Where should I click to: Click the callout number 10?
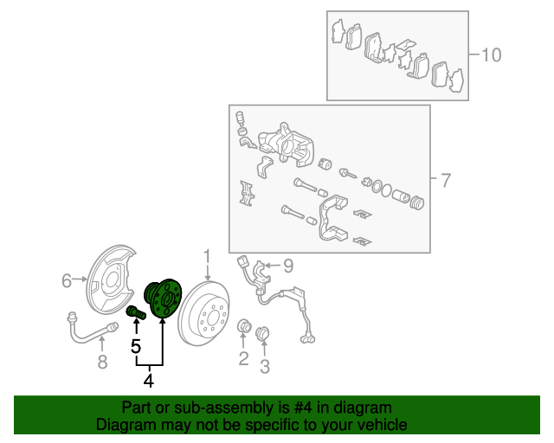[x=492, y=55]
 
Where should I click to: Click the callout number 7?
[x=446, y=180]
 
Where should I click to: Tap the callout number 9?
[x=288, y=266]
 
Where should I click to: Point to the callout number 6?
[x=67, y=281]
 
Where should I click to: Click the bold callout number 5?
[x=136, y=346]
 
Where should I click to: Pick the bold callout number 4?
[x=149, y=381]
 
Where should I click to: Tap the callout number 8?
[x=102, y=362]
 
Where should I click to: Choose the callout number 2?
[x=243, y=358]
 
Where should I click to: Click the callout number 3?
[x=265, y=366]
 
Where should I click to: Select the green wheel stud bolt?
[x=136, y=312]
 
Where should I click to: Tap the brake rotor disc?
[x=204, y=313]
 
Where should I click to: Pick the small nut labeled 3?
[x=262, y=333]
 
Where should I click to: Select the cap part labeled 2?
[x=244, y=326]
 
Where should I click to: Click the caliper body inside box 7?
[x=287, y=144]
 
